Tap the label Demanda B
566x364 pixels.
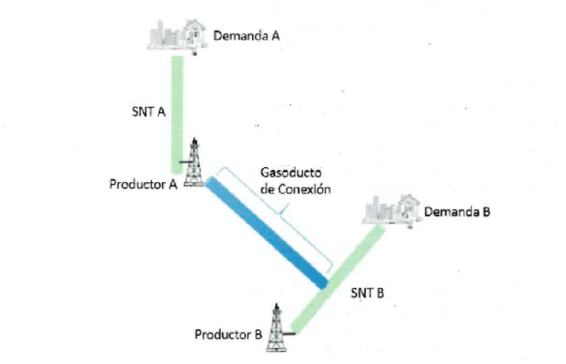tap(457, 212)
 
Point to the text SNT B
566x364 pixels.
tap(367, 293)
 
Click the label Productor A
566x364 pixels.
tap(143, 185)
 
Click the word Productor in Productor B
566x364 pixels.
tap(222, 335)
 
